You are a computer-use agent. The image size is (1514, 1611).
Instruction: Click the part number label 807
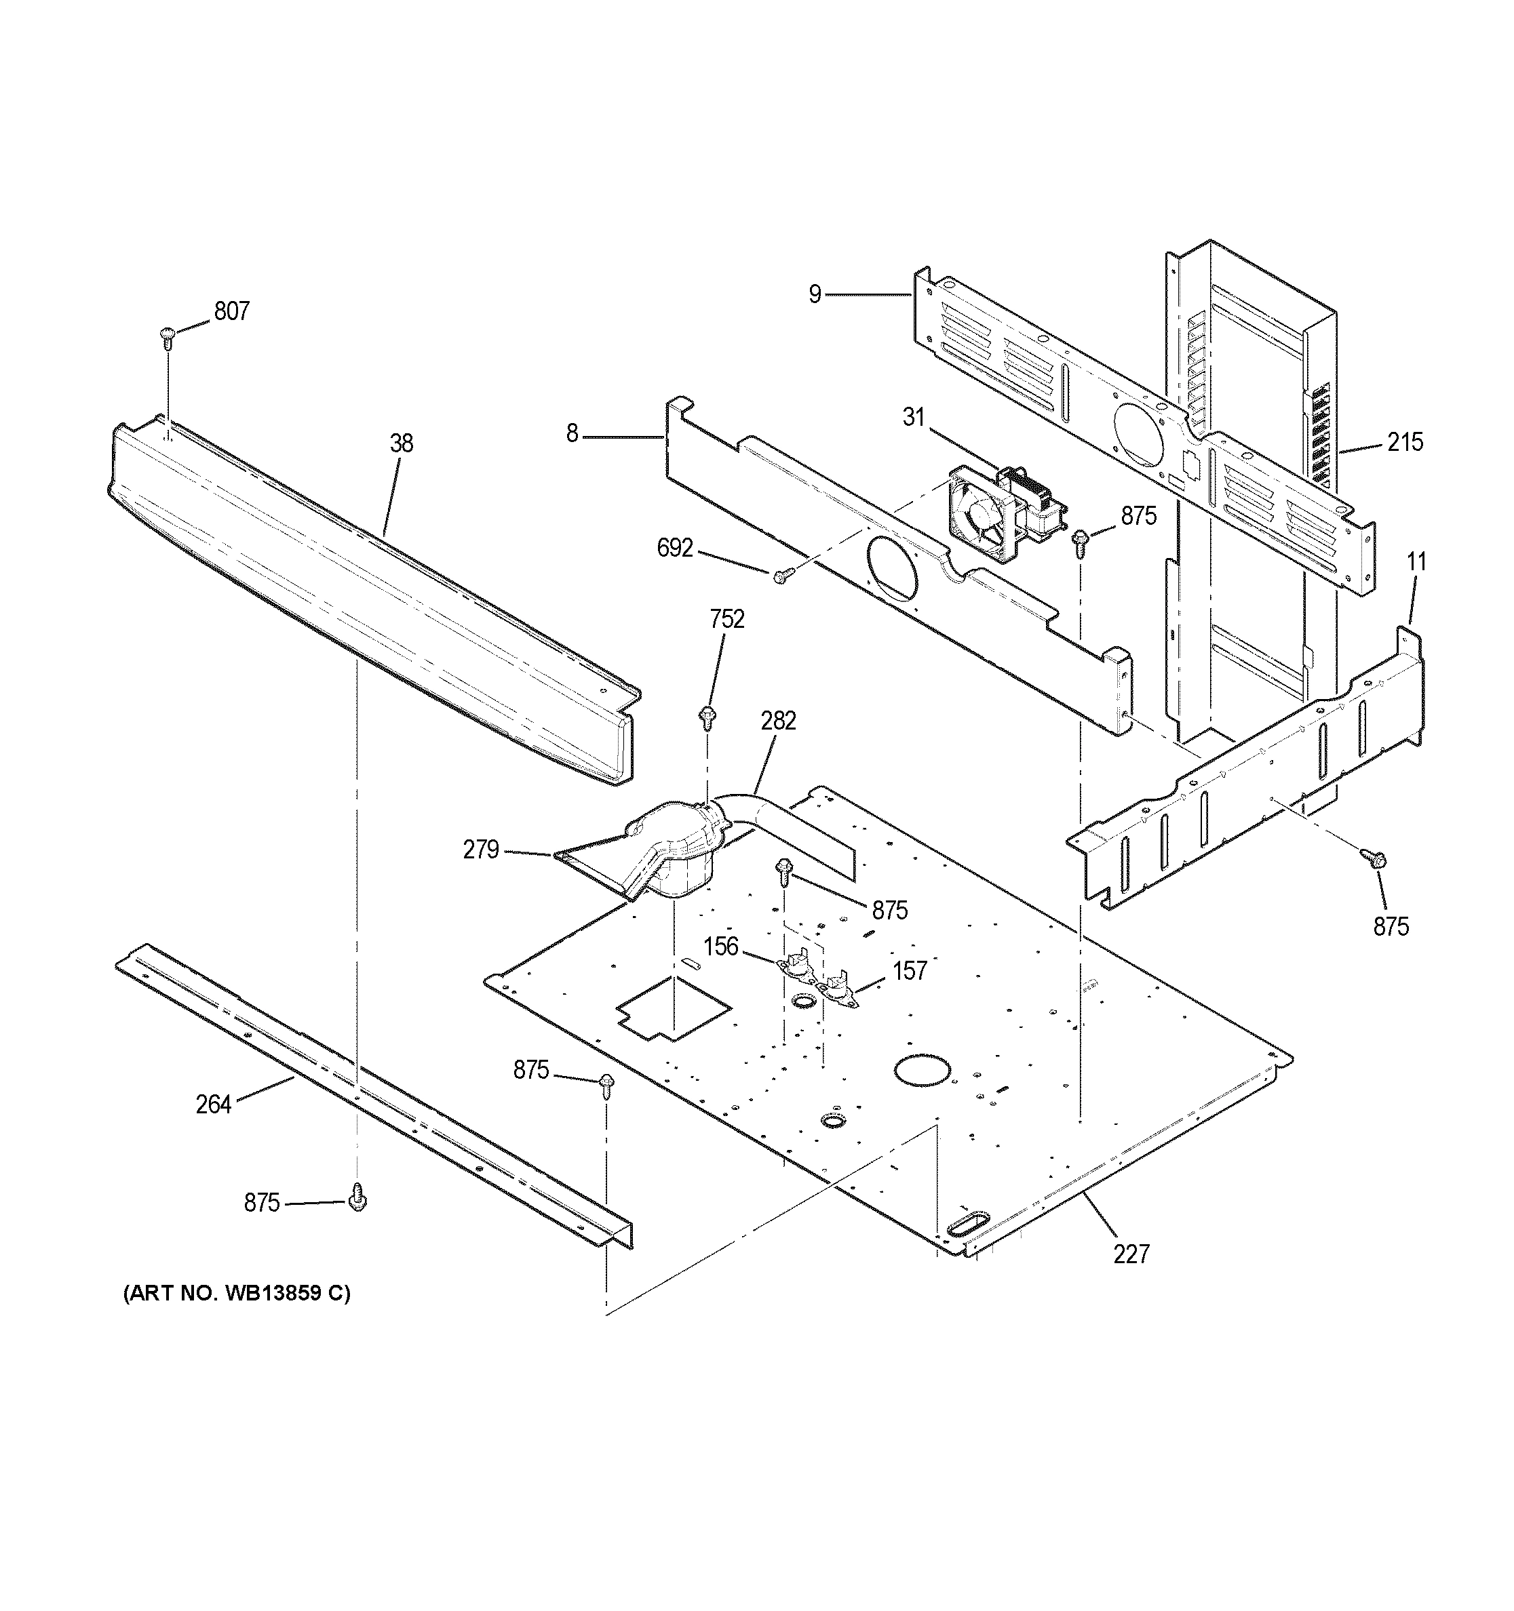point(231,311)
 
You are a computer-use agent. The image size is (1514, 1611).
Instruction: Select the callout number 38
point(401,443)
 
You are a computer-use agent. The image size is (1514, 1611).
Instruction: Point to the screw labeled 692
point(781,576)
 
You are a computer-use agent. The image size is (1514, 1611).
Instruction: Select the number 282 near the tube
point(778,721)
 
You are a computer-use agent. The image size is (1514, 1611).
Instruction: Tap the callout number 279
point(481,850)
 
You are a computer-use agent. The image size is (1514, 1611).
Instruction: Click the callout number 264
point(213,1104)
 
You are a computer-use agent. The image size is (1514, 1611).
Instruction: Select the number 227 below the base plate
point(1131,1254)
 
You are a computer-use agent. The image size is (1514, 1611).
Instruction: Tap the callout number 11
point(1416,561)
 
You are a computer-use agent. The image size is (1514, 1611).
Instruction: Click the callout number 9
point(815,294)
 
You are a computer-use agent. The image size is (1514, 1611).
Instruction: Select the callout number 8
point(572,435)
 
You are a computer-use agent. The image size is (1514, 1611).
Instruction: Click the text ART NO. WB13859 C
point(237,1293)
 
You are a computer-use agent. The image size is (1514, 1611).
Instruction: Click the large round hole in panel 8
point(893,568)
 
